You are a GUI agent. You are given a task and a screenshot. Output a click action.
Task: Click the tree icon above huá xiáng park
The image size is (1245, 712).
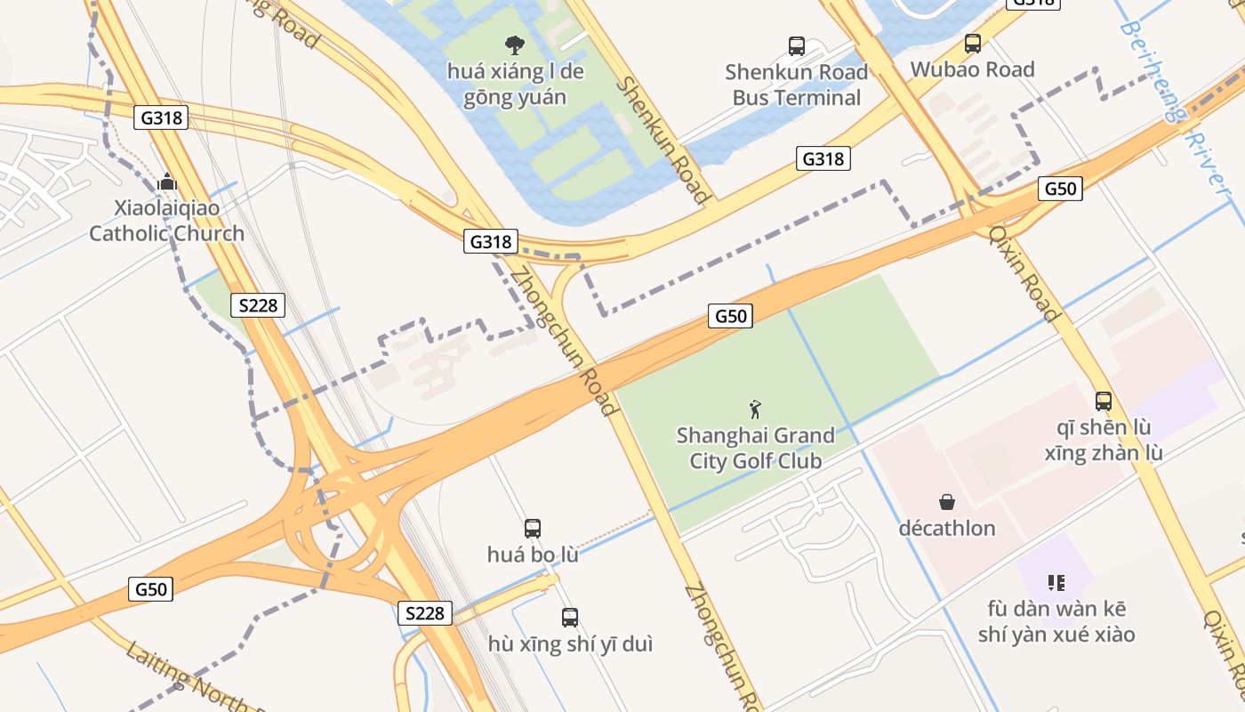[514, 44]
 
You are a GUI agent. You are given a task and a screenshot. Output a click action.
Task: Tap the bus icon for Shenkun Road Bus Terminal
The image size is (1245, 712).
[797, 45]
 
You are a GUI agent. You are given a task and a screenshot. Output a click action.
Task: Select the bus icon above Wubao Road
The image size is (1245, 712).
[973, 43]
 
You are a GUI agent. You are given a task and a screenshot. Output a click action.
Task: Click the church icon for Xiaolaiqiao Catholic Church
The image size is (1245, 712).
[167, 182]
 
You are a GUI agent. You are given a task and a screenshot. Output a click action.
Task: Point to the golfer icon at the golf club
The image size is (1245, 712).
[755, 409]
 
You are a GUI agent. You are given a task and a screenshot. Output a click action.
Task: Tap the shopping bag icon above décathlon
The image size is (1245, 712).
[947, 502]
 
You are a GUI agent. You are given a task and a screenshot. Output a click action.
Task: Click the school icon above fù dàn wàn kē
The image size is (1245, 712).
[1056, 583]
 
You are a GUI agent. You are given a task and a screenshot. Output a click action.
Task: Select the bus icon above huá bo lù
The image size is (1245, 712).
[533, 529]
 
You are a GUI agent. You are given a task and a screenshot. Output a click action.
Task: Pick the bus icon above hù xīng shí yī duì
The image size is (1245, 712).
[570, 617]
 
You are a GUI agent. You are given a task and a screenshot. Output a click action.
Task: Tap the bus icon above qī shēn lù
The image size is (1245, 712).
[1104, 400]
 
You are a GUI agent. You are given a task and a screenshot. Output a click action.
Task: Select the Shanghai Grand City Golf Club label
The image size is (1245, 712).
[755, 448]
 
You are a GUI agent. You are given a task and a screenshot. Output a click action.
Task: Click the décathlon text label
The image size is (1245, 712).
[947, 528]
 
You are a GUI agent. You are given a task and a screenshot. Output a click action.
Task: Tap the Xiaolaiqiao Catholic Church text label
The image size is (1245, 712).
[166, 221]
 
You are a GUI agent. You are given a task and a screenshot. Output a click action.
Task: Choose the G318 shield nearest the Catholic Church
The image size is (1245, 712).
[161, 117]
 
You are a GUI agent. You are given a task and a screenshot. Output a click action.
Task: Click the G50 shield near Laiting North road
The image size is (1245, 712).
[150, 588]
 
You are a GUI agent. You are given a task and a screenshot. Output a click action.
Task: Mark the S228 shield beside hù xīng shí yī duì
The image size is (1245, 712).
[424, 612]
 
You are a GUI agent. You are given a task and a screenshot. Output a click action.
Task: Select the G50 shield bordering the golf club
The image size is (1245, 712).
[730, 315]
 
